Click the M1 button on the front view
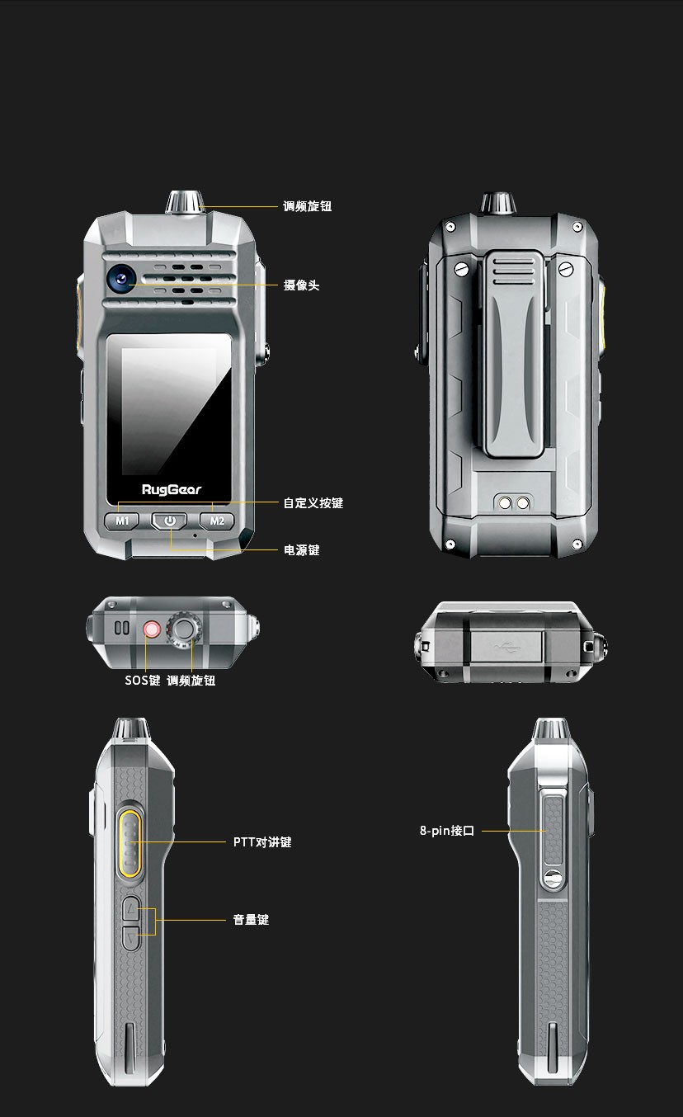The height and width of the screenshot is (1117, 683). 121,521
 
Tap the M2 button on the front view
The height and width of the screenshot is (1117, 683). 217,521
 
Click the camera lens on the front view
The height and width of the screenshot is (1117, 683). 121,279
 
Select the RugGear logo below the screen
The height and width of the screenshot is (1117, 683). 172,490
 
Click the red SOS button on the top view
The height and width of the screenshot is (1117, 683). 152,629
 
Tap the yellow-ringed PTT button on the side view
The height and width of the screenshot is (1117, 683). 130,843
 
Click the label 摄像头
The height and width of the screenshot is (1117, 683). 301,285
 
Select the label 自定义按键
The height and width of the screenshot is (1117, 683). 313,503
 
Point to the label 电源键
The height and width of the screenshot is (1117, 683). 301,550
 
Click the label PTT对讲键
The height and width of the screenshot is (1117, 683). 262,842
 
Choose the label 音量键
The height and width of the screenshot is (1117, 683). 251,920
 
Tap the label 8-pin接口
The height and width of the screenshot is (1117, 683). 447,831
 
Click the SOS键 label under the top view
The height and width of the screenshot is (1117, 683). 142,681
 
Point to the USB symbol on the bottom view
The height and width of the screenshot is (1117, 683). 507,648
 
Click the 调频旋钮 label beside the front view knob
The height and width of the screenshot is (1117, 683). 307,206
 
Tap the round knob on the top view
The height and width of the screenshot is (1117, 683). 184,630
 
